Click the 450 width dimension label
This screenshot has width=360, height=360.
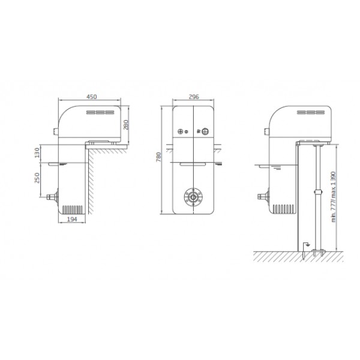[x=92, y=97]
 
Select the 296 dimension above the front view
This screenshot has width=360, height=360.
[x=194, y=97]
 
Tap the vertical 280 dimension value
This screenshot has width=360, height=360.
[x=126, y=125]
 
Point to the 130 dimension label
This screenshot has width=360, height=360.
[x=37, y=152]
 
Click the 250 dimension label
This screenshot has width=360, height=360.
[x=37, y=178]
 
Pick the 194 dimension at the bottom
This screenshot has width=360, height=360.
[x=72, y=219]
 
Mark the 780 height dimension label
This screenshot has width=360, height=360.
[x=158, y=157]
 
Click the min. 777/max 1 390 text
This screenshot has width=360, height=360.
[x=334, y=197]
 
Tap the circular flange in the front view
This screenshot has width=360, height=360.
[x=193, y=197]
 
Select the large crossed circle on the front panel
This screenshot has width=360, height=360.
[x=205, y=131]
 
